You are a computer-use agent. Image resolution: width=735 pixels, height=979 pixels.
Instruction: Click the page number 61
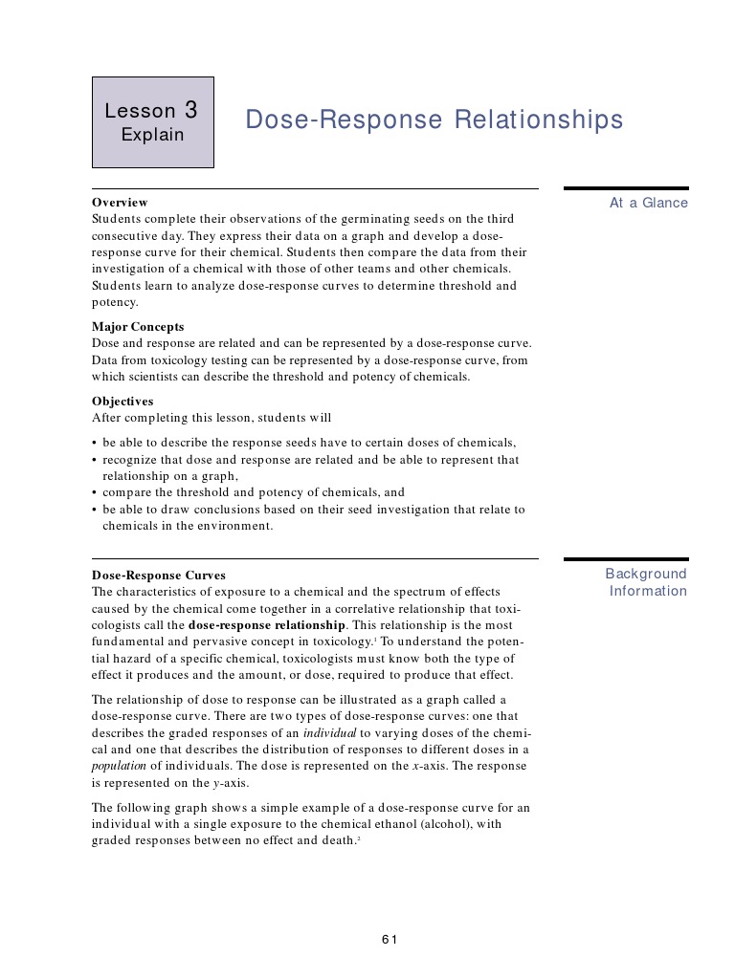[390, 939]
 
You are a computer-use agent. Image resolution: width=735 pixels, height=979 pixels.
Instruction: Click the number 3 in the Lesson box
[191, 110]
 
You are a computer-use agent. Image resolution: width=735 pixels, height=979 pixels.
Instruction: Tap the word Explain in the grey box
[152, 135]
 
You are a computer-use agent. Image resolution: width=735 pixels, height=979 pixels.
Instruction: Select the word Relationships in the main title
[537, 120]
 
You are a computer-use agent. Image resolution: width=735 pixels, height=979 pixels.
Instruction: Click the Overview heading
[120, 203]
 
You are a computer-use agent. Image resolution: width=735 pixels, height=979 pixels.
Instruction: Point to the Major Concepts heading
[138, 327]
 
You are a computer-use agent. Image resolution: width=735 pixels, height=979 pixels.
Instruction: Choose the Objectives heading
[122, 402]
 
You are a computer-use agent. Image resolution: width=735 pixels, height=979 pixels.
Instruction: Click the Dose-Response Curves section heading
[159, 576]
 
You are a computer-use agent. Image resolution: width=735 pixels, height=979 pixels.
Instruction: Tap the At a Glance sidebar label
[648, 203]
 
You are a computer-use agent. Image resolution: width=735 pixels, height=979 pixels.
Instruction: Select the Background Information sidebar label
[647, 582]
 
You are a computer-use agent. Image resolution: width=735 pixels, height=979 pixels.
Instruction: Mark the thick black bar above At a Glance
[626, 188]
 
